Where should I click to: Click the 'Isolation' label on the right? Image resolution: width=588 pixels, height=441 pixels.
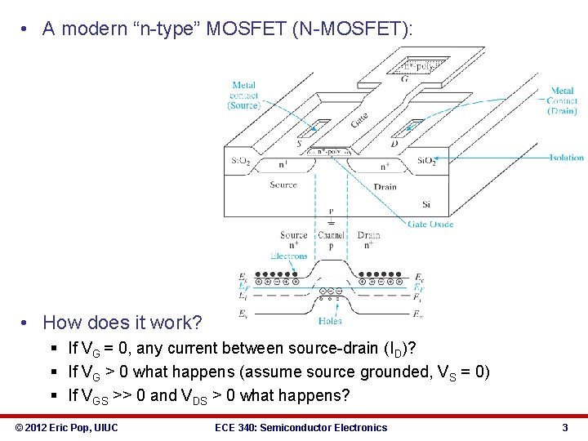pos(567,158)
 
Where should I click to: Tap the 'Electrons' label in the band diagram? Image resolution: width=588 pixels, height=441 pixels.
pos(289,256)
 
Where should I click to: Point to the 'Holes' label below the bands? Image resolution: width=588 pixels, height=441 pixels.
pos(331,321)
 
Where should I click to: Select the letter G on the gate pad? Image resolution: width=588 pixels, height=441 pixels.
pos(406,79)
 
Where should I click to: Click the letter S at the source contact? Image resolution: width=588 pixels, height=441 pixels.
pos(300,144)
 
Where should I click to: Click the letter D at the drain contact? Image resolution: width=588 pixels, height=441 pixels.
pos(395,144)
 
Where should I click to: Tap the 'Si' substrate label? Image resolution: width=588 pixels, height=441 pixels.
pos(425,203)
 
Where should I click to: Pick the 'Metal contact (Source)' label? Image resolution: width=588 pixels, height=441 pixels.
pos(243,95)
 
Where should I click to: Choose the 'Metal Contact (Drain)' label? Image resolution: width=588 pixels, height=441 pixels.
pos(563,100)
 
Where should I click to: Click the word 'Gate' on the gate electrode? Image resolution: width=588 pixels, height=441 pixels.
pos(359,119)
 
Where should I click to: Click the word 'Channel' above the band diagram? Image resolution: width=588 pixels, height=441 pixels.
pos(332,235)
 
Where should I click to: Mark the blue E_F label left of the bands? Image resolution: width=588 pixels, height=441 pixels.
pos(243,287)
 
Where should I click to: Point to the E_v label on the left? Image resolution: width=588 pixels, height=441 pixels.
pos(243,313)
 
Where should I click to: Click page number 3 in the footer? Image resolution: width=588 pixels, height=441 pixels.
pos(564,427)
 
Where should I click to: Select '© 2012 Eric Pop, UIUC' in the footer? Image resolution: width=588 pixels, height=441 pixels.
pos(68,427)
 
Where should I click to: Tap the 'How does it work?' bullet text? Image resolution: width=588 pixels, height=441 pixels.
pos(122,323)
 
